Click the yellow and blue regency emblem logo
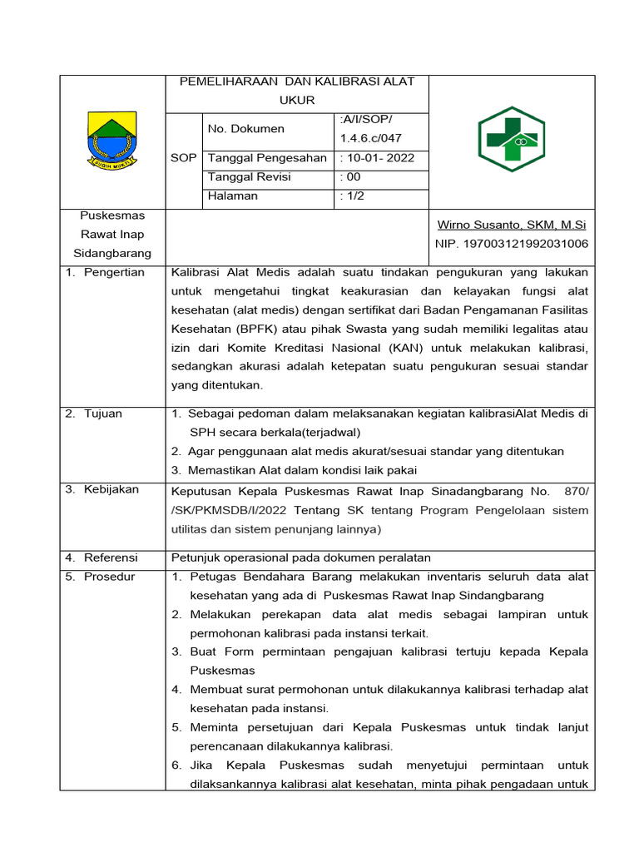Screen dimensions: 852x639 click(111, 140)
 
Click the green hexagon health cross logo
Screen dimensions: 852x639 click(511, 140)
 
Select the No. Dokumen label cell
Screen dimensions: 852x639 click(245, 128)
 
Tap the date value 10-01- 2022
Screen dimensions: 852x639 click(377, 158)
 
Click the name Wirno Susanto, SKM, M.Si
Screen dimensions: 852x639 click(511, 225)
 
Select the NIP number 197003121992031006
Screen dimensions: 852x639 click(511, 244)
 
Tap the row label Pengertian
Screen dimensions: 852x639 click(114, 273)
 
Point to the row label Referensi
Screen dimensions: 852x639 click(111, 558)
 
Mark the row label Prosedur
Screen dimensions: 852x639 click(109, 577)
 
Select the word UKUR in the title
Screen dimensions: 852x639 click(297, 100)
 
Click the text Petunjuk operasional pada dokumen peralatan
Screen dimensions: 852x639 click(300, 558)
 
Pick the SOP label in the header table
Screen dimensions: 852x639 click(183, 158)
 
